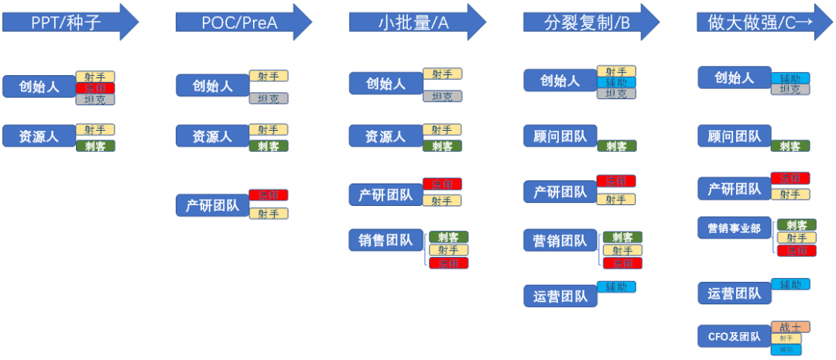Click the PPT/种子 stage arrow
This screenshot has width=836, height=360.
point(70,22)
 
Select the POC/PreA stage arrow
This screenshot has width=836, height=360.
point(243,22)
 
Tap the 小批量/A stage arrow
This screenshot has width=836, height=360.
point(417,22)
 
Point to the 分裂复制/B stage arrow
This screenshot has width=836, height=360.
point(591,22)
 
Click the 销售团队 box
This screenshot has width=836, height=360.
point(385,240)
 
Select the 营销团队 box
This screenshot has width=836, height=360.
point(558,240)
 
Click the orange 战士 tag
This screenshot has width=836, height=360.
point(790,327)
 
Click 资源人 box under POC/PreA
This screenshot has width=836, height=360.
point(212,136)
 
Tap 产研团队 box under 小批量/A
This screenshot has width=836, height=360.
point(385,195)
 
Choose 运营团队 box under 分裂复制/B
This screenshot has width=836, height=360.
point(558,295)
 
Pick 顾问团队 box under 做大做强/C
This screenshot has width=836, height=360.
point(735,137)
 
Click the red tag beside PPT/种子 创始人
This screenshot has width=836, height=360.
point(95,88)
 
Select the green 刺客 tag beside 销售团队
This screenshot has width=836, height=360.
point(448,238)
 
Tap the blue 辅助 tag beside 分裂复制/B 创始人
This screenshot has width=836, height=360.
point(616,82)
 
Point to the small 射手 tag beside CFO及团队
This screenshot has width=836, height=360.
point(786,338)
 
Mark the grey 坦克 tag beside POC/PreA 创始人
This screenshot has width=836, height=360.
point(269,98)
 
